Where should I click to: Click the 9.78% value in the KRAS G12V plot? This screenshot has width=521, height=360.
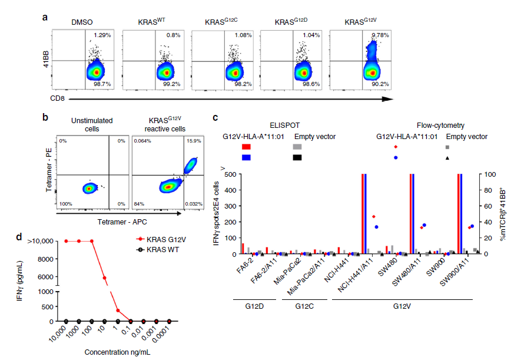coord(380,35)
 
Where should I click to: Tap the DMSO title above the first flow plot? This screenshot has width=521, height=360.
coord(82,22)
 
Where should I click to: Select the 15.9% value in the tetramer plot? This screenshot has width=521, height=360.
coord(194,141)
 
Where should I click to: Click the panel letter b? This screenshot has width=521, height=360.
coord(45,117)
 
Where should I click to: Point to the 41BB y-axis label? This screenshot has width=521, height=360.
coord(46,59)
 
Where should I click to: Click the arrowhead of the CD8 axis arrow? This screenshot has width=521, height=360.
coord(387,99)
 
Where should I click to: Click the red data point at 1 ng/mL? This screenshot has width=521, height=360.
coord(118,311)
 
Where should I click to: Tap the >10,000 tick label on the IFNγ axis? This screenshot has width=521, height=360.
coord(40,241)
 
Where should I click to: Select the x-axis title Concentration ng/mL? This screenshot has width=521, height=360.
coord(117,352)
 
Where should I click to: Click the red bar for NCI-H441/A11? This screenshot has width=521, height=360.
coord(363,214)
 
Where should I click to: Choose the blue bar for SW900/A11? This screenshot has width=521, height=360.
coord(461,214)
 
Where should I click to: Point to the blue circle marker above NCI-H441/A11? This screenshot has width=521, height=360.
coord(376,227)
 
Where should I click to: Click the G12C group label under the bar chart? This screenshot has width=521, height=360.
coord(304,306)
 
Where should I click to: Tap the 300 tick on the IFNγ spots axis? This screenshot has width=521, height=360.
coord(230,206)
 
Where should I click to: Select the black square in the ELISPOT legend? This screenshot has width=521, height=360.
coord(297,157)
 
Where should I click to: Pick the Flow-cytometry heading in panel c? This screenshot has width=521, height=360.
coord(440,125)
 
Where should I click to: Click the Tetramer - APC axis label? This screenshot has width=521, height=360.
coord(122,222)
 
